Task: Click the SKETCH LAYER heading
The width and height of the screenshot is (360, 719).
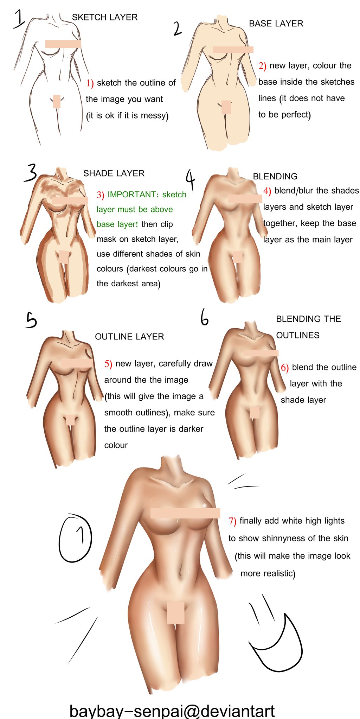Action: pyautogui.click(x=105, y=17)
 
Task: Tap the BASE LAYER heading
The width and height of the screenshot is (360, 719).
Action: pyautogui.click(x=276, y=24)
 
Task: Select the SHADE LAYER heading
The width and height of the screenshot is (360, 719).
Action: pyautogui.click(x=114, y=173)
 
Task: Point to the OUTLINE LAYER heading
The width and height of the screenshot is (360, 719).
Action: pyautogui.click(x=129, y=337)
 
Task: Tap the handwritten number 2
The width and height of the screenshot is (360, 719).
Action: pyautogui.click(x=178, y=28)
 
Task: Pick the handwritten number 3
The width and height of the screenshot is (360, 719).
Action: pyautogui.click(x=31, y=173)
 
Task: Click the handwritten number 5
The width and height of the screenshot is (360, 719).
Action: pyautogui.click(x=31, y=320)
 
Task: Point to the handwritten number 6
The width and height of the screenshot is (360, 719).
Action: pyautogui.click(x=205, y=317)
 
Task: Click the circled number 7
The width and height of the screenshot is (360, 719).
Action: pyautogui.click(x=75, y=538)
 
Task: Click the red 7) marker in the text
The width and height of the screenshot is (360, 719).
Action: pyautogui.click(x=232, y=521)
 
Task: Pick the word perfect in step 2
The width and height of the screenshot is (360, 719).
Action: pyautogui.click(x=296, y=115)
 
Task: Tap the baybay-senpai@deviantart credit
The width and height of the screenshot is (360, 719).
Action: pyautogui.click(x=172, y=711)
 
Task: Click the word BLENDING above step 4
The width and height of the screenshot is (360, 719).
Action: pyautogui.click(x=275, y=177)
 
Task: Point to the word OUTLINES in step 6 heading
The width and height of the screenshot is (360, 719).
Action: pyautogui.click(x=298, y=335)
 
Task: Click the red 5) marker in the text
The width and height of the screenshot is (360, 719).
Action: pyautogui.click(x=108, y=364)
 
